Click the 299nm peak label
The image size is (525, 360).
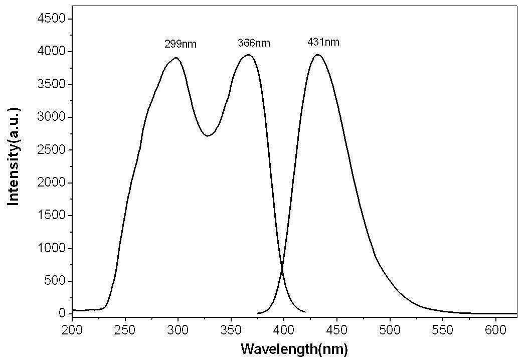[x=180, y=44]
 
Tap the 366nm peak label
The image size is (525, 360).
[x=254, y=43]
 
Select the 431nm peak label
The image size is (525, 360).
[x=323, y=42]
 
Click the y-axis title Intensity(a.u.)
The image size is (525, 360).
[x=14, y=157]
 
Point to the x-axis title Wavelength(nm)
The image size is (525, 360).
[x=294, y=349]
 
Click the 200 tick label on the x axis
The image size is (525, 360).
[x=72, y=330]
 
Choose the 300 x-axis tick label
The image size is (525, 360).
[x=178, y=330]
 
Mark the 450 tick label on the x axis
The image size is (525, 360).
[x=336, y=330]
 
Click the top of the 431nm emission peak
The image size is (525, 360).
[x=317, y=55]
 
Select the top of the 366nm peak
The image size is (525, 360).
[x=248, y=55]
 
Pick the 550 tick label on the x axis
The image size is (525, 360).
[x=442, y=330]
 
